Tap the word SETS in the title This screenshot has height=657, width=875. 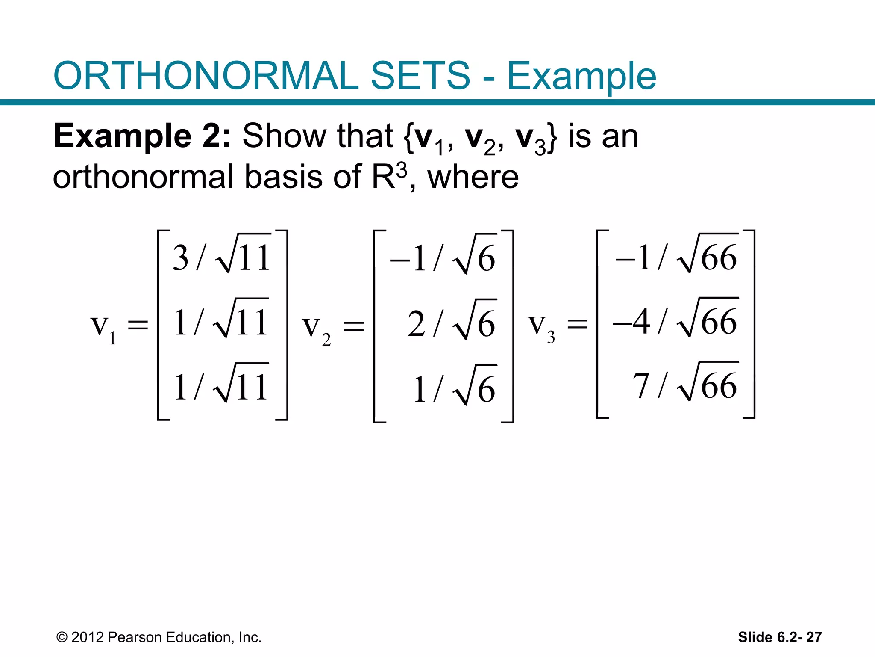(x=420, y=76)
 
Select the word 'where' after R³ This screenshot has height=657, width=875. (x=473, y=177)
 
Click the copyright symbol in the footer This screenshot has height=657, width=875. (x=62, y=637)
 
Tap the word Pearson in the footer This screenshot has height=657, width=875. (x=135, y=637)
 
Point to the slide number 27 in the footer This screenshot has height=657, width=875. (x=814, y=637)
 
